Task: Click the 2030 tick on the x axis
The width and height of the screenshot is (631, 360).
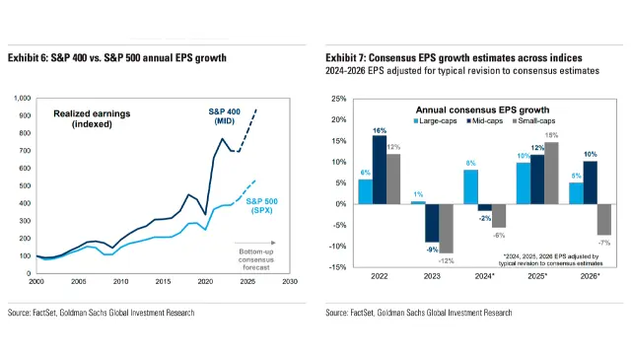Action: tap(290, 281)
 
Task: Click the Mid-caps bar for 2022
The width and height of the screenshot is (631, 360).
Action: tap(380, 170)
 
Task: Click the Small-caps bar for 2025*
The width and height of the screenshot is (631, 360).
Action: tap(552, 173)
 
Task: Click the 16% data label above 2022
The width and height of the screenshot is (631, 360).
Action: tap(380, 130)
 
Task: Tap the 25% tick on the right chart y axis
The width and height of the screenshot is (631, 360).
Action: tap(337, 100)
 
